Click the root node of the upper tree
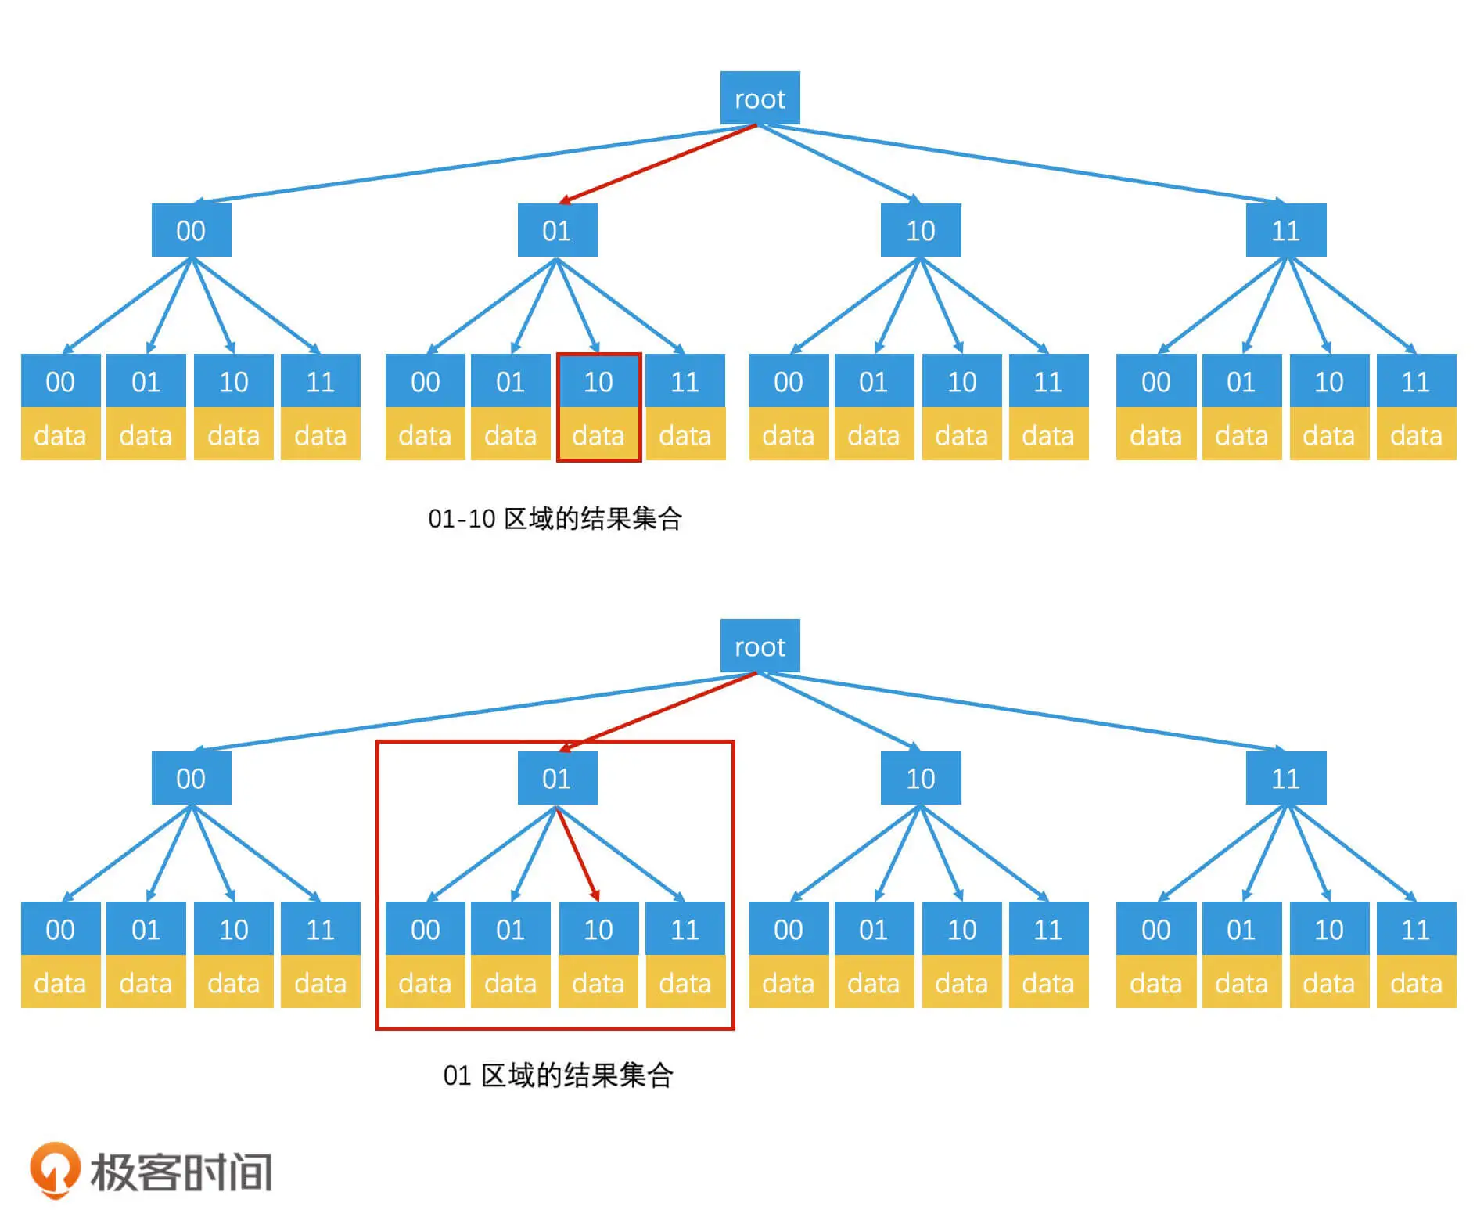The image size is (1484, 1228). (x=760, y=99)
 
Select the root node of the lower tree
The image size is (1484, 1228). (x=760, y=646)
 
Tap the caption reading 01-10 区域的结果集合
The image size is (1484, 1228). (x=555, y=519)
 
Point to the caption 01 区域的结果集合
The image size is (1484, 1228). (x=558, y=1075)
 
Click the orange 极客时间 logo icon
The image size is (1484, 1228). (x=55, y=1169)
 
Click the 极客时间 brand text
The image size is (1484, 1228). (x=181, y=1172)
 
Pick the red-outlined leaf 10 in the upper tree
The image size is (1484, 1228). (x=598, y=407)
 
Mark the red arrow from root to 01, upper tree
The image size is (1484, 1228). (x=657, y=164)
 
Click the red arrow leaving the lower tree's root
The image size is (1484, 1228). (x=657, y=711)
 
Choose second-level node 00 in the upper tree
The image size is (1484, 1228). (x=191, y=231)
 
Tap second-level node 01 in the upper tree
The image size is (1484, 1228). (x=557, y=231)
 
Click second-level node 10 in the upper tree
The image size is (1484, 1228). (x=921, y=231)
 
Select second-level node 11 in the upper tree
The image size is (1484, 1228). (x=1285, y=231)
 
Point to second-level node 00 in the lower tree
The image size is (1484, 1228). (x=191, y=779)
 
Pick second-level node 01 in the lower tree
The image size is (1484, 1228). (x=557, y=779)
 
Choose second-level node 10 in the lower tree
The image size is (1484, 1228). (x=921, y=779)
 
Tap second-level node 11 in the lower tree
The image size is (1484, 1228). (x=1285, y=779)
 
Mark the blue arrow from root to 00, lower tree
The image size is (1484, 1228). (x=469, y=711)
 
